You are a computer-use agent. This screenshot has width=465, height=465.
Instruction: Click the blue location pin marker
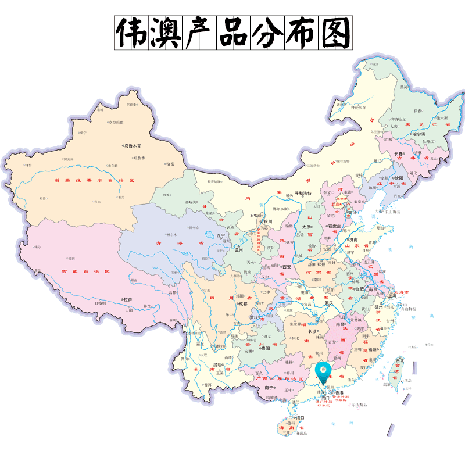tap(322, 370)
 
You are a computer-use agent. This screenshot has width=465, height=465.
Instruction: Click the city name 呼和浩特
tap(303, 193)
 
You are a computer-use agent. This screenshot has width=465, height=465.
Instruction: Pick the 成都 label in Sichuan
tap(242, 304)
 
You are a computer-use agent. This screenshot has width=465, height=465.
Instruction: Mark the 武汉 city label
tap(330, 303)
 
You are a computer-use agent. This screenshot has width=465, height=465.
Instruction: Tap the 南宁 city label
tap(269, 387)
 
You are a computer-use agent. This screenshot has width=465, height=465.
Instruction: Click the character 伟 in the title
tap(132, 33)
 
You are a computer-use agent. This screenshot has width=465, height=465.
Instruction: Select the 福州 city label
tap(372, 350)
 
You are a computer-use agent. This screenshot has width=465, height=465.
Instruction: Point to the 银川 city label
tap(268, 221)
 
